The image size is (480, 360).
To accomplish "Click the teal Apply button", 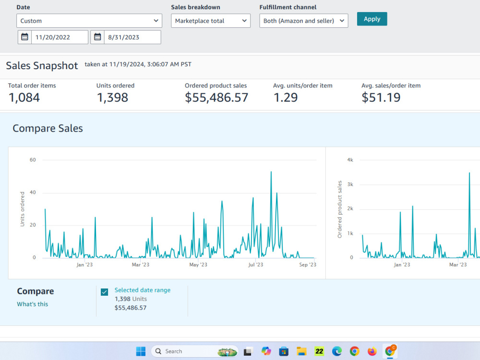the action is (x=372, y=19).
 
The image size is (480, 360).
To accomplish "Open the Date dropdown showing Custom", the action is (x=89, y=21).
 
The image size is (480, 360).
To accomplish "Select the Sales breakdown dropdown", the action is (x=211, y=21).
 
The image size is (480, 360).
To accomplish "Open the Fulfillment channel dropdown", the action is (x=304, y=21).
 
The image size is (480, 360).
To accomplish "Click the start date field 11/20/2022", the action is (x=60, y=37).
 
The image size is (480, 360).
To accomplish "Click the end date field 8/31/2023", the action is (x=132, y=37).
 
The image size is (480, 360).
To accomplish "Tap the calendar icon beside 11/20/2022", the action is (x=24, y=37).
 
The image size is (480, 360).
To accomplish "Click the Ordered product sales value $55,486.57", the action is (x=216, y=97).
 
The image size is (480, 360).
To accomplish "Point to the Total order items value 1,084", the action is (x=24, y=97).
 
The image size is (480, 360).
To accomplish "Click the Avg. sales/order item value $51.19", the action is (x=381, y=97).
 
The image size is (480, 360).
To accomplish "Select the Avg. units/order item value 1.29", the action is (x=285, y=97).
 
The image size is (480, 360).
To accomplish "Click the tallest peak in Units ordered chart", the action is (x=271, y=172).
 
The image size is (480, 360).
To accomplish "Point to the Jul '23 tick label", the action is (x=256, y=264).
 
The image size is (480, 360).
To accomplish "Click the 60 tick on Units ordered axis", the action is (x=33, y=160).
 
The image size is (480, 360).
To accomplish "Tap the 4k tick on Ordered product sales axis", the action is (x=350, y=160).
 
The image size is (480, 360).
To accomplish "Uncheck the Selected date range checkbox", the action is (x=104, y=292).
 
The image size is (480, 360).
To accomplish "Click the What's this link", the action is (x=33, y=304).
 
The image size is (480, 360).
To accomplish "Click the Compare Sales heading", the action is (x=48, y=128).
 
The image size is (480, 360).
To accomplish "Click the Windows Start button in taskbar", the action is (x=141, y=351).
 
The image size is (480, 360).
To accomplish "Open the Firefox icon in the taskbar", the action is (x=372, y=351).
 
